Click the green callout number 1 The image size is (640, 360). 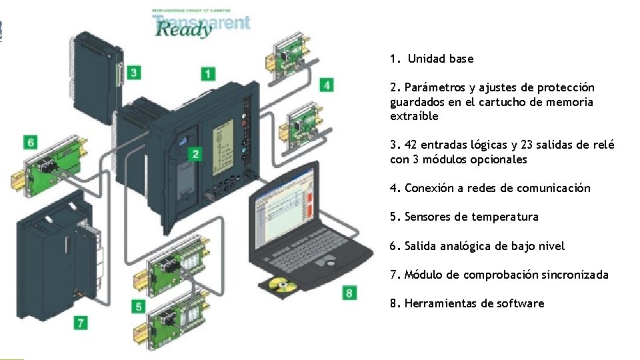pyautogui.click(x=209, y=74)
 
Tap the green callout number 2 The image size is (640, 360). pyautogui.click(x=195, y=155)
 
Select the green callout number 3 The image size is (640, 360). pyautogui.click(x=134, y=72)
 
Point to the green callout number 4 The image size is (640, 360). pyautogui.click(x=326, y=85)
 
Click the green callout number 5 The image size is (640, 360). pyautogui.click(x=139, y=306)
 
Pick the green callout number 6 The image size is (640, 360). pyautogui.click(x=31, y=142)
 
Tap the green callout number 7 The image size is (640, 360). pyautogui.click(x=81, y=323)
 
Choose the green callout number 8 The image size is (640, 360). pyautogui.click(x=349, y=293)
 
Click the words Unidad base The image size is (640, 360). pyautogui.click(x=441, y=59)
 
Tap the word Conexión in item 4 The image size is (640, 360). pyautogui.click(x=429, y=188)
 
